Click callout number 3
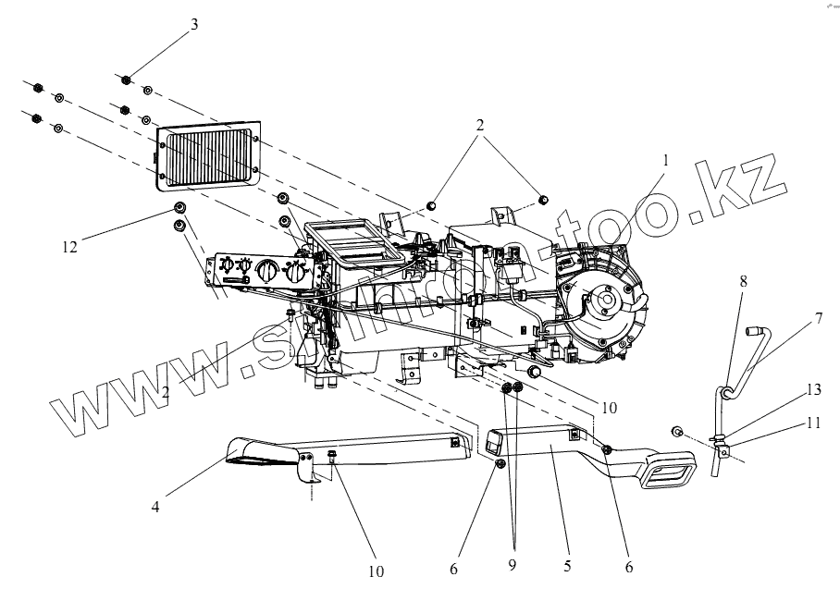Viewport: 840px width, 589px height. [x=193, y=25]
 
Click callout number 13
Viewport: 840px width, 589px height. [x=812, y=390]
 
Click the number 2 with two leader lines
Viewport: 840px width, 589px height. [x=480, y=123]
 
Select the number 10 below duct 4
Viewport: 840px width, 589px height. [x=376, y=571]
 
